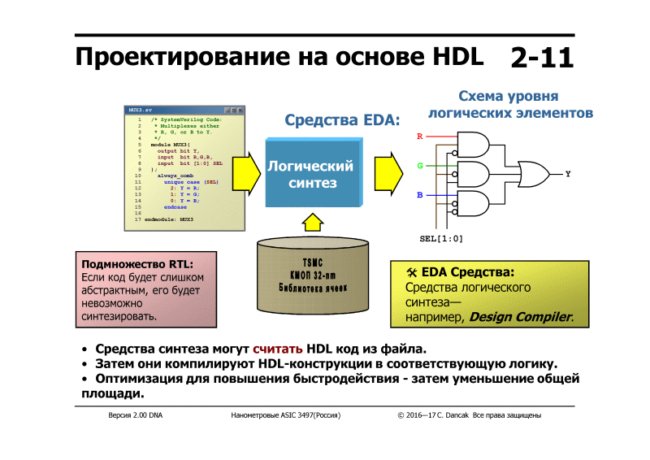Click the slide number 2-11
tap(542, 57)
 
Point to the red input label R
tap(419, 137)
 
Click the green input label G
tap(420, 165)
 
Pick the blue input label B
tap(419, 195)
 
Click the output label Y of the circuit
tap(567, 174)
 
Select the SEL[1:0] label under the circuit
tap(440, 239)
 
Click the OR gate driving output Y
tap(532, 174)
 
